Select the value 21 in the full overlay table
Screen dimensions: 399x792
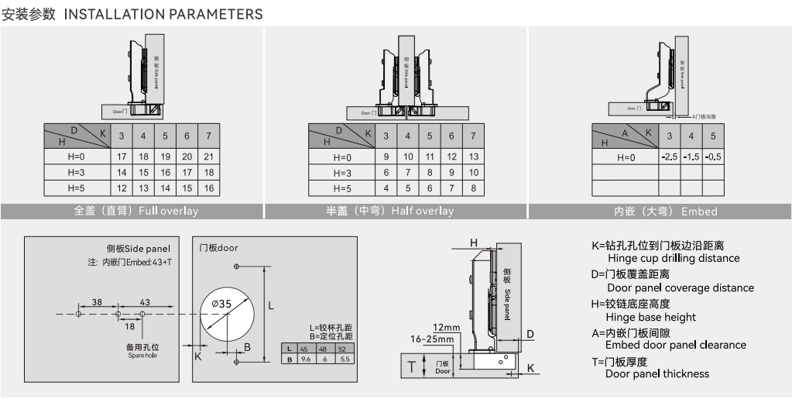click(x=208, y=157)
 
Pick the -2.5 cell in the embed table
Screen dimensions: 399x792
click(x=670, y=157)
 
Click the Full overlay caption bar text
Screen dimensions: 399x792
click(x=136, y=211)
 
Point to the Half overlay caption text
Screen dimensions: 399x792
click(x=390, y=211)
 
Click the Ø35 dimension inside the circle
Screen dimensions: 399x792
click(x=221, y=304)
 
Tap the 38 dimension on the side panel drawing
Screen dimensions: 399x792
click(x=97, y=301)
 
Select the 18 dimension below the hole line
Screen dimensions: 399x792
click(x=130, y=326)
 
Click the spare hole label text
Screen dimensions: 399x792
click(x=142, y=351)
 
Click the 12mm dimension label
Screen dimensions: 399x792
click(x=446, y=327)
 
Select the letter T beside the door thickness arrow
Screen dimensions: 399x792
click(x=411, y=366)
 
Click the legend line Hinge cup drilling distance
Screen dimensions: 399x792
click(x=674, y=258)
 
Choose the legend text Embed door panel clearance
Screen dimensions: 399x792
click(x=675, y=345)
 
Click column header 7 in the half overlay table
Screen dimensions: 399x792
click(x=473, y=136)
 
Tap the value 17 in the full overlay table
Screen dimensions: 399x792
click(x=122, y=157)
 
